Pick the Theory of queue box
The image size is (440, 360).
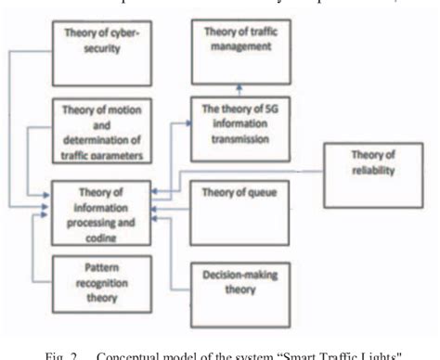pos(239,208)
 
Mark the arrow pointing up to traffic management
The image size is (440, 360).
pos(239,89)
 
